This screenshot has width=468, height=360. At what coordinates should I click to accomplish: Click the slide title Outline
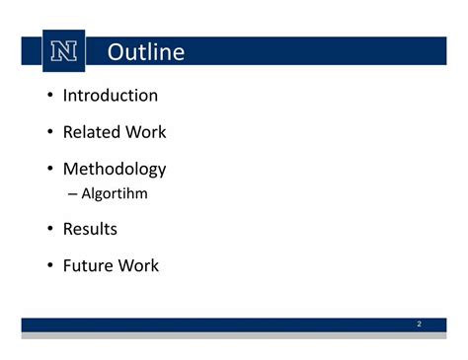coord(145,52)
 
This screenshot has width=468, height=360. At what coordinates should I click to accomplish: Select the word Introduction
coord(110,96)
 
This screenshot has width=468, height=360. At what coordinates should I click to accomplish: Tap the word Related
coord(87,132)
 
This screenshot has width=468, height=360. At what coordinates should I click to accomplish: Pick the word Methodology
coord(114,170)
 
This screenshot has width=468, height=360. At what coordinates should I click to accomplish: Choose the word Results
coord(90,229)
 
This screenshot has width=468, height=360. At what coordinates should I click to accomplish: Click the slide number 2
coord(419,324)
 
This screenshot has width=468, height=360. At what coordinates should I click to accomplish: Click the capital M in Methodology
coord(71,169)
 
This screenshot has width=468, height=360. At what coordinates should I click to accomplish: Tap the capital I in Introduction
coord(65,96)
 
